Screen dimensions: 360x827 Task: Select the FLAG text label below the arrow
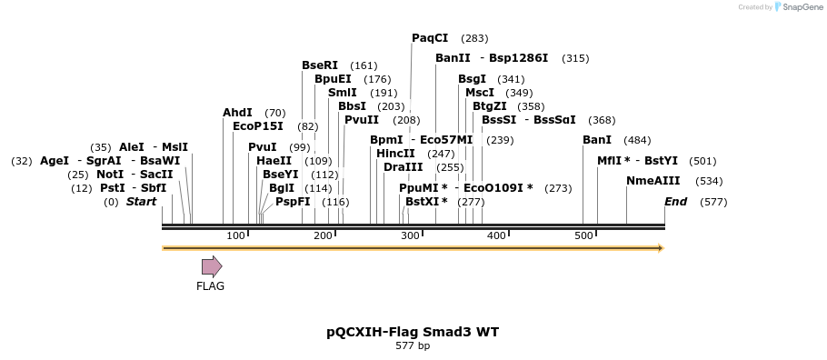210,285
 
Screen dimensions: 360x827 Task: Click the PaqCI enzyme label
430,38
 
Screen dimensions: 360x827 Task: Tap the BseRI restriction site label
320,65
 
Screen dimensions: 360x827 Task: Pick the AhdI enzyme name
237,113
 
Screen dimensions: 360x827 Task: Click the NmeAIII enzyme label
653,181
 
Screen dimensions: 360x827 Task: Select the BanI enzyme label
597,140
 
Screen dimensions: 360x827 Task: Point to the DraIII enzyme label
403,167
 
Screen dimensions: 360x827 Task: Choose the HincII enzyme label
395,154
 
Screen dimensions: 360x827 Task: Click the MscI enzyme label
480,93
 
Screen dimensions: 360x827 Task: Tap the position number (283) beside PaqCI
474,38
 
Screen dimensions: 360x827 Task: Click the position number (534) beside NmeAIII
709,181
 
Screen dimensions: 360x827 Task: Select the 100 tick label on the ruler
236,235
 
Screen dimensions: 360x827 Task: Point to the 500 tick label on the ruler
583,235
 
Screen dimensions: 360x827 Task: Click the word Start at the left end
141,202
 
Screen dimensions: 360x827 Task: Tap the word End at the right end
675,202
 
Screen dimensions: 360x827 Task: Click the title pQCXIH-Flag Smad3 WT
413,332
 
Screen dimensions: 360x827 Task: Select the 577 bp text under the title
413,346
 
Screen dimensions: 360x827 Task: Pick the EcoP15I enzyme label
258,126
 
